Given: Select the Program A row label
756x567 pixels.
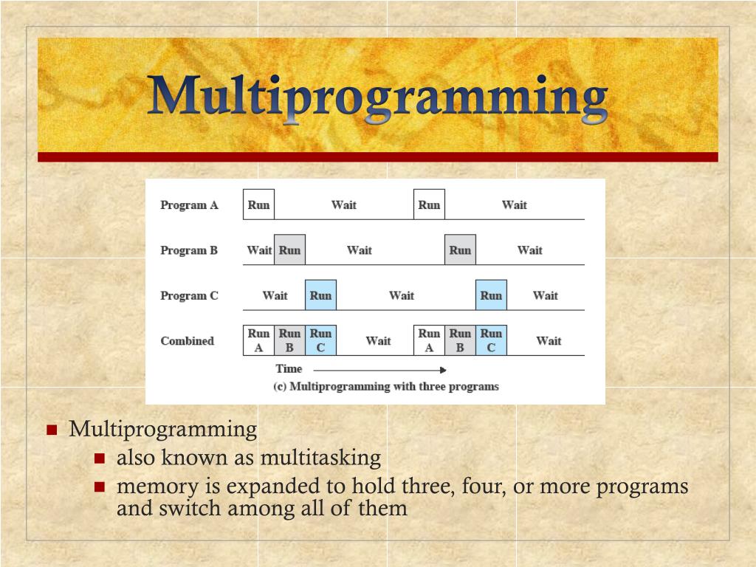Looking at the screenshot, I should (189, 205).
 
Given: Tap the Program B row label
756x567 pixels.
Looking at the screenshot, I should (189, 250).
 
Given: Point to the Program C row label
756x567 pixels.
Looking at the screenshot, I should (189, 296).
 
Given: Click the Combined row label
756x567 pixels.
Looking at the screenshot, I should (187, 341).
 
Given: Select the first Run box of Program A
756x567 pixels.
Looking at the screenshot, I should (258, 205).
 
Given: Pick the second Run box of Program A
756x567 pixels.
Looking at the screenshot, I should (429, 205).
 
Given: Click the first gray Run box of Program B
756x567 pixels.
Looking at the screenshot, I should (289, 250).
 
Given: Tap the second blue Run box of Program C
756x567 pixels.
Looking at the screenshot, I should (491, 295).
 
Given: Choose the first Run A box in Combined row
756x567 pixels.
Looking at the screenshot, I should (258, 340).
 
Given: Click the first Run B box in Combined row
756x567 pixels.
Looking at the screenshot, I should (289, 340).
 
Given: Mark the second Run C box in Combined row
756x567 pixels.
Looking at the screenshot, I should (491, 340).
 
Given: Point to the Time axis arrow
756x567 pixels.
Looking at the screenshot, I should (380, 370).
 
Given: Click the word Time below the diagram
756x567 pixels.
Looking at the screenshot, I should (289, 369).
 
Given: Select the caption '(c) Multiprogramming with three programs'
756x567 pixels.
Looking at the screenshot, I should (386, 386).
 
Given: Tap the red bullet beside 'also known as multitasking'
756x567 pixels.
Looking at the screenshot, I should (100, 458).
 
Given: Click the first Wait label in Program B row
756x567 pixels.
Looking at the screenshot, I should (259, 250).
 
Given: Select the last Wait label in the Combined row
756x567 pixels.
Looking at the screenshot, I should (549, 341).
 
